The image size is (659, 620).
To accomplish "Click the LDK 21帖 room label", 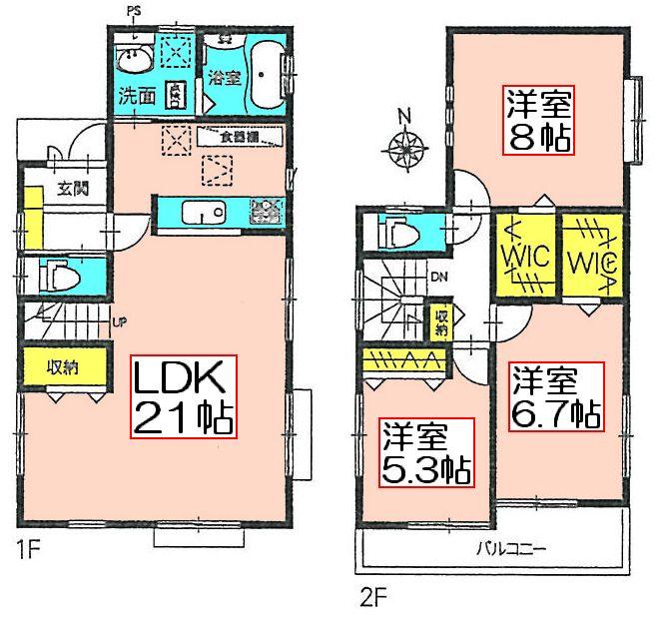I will pyautogui.click(x=185, y=396).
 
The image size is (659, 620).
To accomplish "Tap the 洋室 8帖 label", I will pyautogui.click(x=538, y=120).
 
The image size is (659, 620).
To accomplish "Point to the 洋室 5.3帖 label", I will pyautogui.click(x=425, y=453).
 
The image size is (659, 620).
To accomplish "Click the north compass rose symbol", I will pyautogui.click(x=406, y=150).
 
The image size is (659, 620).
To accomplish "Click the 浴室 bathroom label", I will pyautogui.click(x=223, y=78).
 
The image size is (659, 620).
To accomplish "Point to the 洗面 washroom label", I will pyautogui.click(x=135, y=98).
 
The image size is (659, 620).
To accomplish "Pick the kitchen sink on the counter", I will pyautogui.click(x=204, y=213).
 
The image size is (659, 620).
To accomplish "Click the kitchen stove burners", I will pyautogui.click(x=265, y=212).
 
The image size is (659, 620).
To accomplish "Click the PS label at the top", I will pyautogui.click(x=134, y=12).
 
